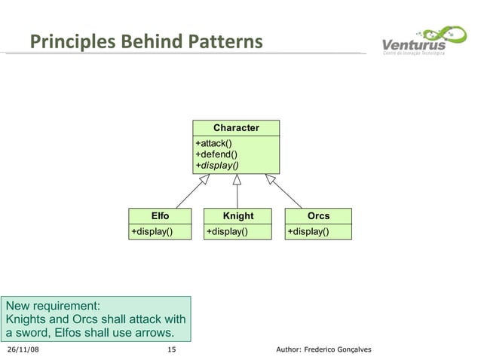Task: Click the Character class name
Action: coord(236,128)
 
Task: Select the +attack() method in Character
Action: coord(213,144)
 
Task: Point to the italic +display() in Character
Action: coord(217,165)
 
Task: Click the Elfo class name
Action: coord(161,216)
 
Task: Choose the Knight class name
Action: coord(238,216)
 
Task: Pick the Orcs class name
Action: coord(318,216)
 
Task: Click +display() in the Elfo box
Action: coord(152,231)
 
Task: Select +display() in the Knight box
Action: coord(227,231)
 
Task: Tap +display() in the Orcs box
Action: coord(308,231)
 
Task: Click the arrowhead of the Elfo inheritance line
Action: coord(204,179)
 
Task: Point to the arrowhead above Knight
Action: coord(236,179)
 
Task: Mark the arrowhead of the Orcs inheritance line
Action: coord(270,179)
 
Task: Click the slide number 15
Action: coord(171,349)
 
